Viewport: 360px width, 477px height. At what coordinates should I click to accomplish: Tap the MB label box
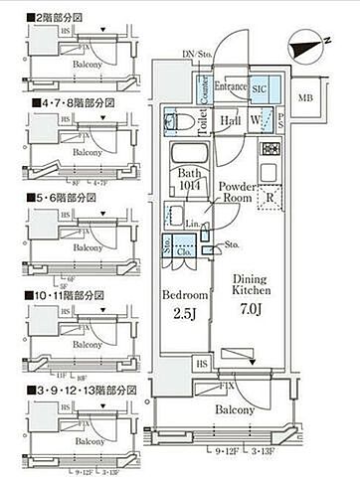[306, 96]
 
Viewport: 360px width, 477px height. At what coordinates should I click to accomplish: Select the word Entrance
[229, 86]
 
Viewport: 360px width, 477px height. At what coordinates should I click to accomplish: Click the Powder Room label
[239, 191]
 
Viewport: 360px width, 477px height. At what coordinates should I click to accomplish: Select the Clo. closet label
[185, 251]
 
